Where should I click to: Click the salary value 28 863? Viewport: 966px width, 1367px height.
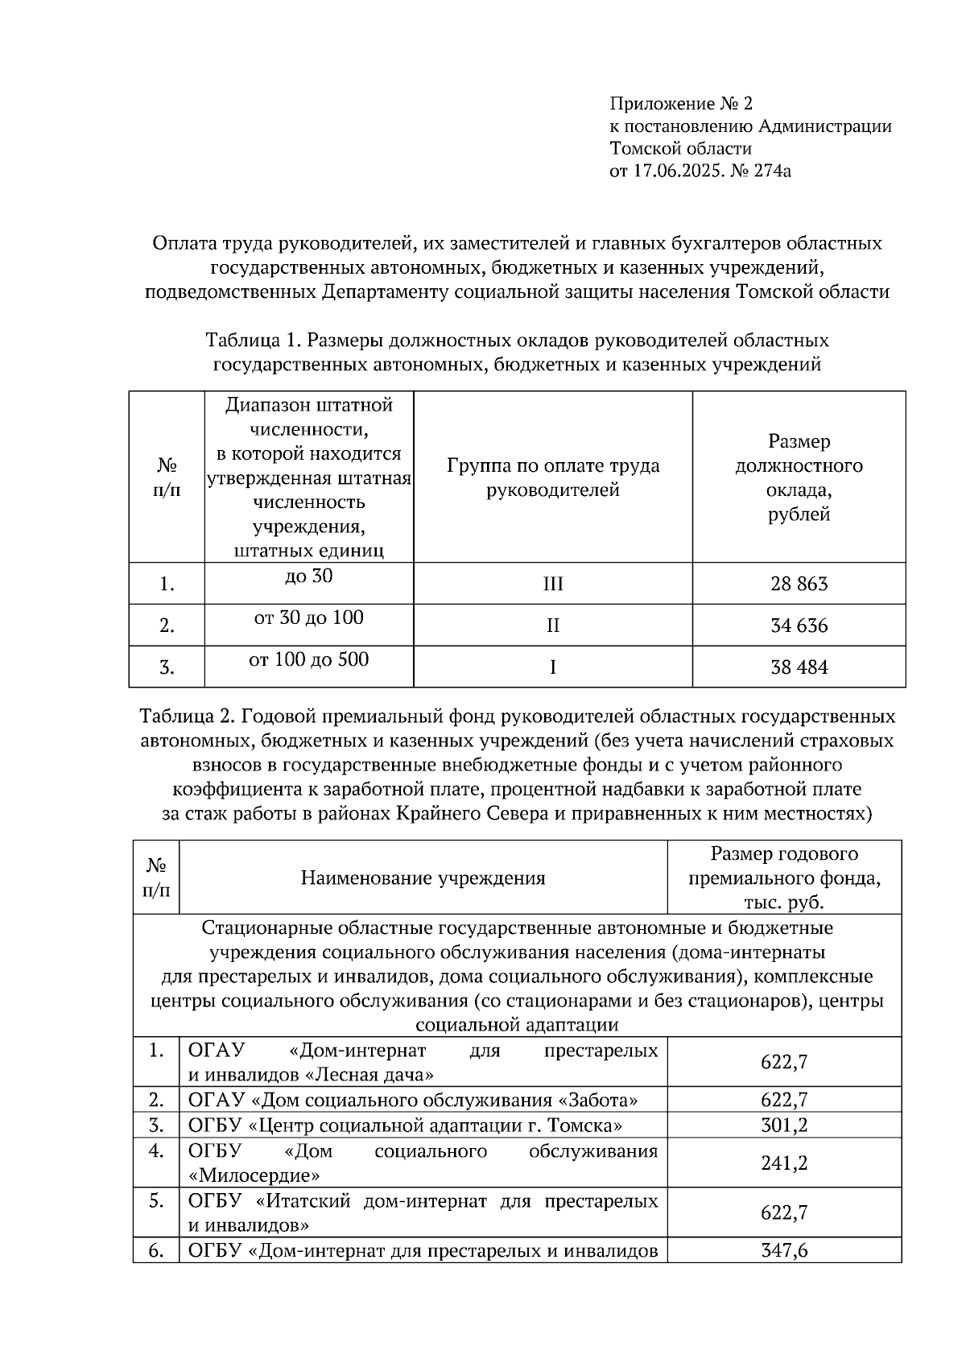click(x=799, y=584)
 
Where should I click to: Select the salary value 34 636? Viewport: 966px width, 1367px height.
click(x=799, y=626)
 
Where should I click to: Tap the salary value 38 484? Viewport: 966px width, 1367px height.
click(x=799, y=667)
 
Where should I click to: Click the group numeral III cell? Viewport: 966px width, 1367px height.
click(x=553, y=584)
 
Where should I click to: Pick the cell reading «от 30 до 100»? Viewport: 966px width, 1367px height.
click(x=309, y=618)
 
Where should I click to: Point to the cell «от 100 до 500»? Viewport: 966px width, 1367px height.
click(x=309, y=660)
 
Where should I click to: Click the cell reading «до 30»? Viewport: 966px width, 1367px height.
click(x=309, y=576)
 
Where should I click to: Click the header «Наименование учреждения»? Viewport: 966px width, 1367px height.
click(x=423, y=878)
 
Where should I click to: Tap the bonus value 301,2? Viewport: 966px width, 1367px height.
click(x=784, y=1125)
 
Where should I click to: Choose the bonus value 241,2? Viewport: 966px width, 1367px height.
click(x=784, y=1163)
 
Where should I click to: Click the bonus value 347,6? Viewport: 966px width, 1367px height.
click(x=784, y=1250)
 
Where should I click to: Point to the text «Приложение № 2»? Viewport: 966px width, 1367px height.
click(x=681, y=104)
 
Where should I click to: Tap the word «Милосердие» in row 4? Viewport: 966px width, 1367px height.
click(x=254, y=1175)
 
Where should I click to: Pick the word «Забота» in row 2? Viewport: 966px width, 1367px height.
click(x=600, y=1100)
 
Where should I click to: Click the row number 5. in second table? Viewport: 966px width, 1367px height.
click(x=156, y=1201)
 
